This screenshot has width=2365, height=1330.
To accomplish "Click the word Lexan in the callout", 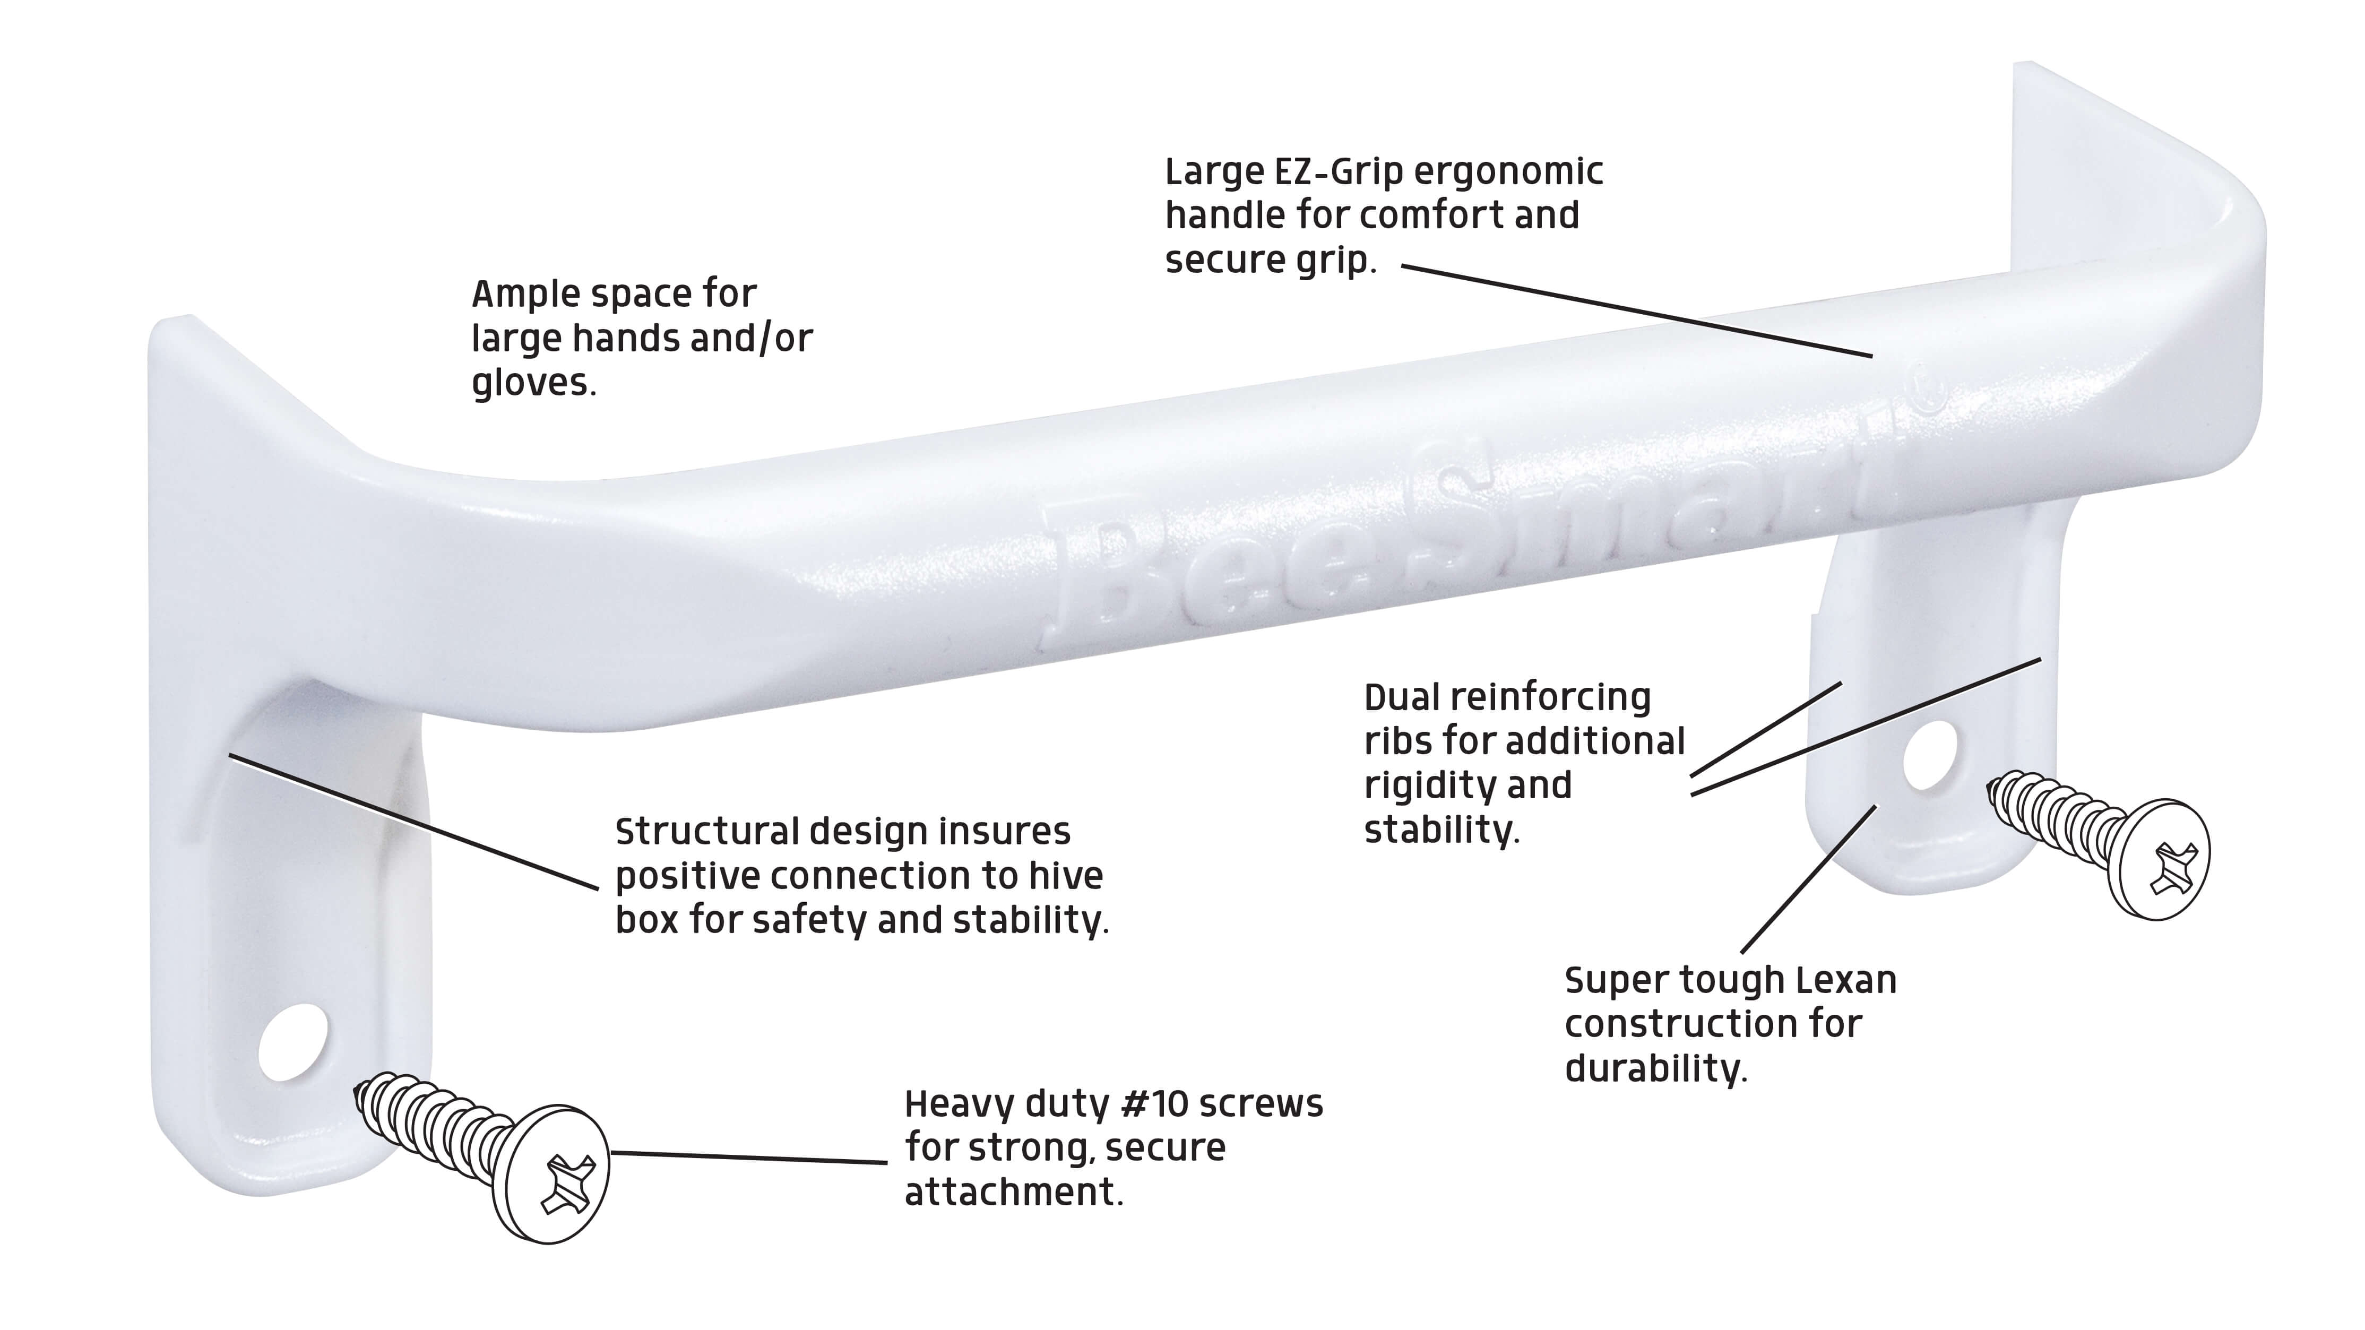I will click(x=1845, y=980).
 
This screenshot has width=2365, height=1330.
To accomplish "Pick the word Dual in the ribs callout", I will click(x=1402, y=697).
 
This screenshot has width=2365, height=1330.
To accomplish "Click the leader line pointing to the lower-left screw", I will click(x=748, y=1158).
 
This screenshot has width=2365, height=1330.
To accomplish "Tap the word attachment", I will click(x=1014, y=1193).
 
